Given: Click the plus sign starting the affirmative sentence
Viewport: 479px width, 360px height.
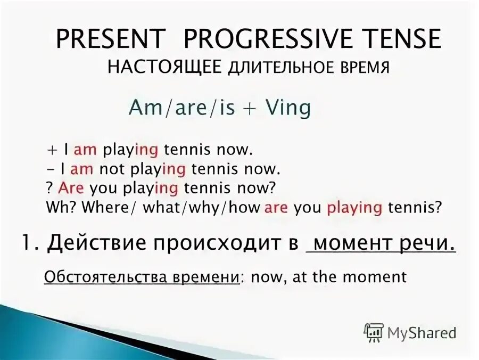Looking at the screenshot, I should click(x=51, y=150).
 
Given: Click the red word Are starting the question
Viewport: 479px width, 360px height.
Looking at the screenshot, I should click(x=72, y=188).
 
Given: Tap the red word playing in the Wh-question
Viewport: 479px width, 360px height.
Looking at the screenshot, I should click(x=354, y=207).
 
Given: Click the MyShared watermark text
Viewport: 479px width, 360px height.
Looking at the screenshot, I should click(x=422, y=333).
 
